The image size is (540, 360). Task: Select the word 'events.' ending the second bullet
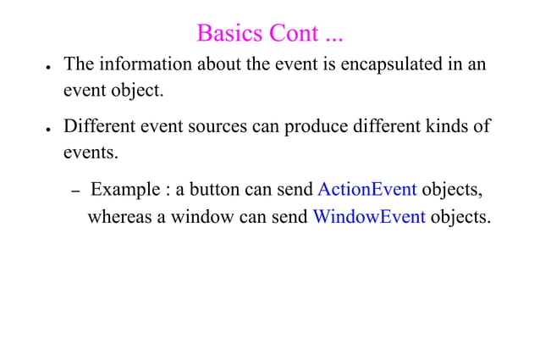(x=91, y=153)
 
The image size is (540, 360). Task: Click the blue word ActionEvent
(x=366, y=188)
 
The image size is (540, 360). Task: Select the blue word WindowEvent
(x=369, y=216)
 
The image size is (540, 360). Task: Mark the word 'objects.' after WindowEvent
(x=460, y=216)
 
